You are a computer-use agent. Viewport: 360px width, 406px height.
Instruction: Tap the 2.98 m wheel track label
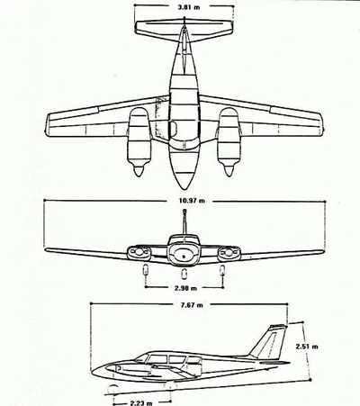tap(185, 288)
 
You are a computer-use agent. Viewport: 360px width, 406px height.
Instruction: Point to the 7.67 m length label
tap(192, 305)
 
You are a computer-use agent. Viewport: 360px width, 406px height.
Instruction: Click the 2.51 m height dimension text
tap(307, 347)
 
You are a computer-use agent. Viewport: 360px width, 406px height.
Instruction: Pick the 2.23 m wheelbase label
tap(141, 402)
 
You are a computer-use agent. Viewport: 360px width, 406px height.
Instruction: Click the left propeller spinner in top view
tap(139, 170)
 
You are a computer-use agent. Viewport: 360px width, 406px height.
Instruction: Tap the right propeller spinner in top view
tap(229, 170)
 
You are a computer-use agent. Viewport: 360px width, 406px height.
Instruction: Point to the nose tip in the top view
tap(184, 189)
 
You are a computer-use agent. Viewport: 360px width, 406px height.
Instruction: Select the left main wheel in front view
tap(146, 270)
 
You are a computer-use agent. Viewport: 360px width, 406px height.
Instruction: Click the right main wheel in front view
tap(222, 270)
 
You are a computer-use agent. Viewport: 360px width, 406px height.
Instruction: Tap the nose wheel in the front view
tap(184, 273)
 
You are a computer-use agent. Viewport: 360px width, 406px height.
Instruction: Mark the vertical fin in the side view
tap(268, 341)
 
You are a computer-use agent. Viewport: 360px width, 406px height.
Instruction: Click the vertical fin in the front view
tap(184, 222)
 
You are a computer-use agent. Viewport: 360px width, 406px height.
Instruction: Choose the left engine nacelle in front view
tap(139, 253)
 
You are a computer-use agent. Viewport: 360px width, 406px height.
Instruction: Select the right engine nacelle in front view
tap(229, 253)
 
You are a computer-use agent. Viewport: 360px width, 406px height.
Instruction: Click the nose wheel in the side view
tap(112, 389)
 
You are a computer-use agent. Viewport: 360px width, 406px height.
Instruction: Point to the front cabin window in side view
tap(142, 357)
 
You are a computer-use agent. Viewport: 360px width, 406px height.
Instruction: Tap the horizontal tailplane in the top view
tap(184, 30)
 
